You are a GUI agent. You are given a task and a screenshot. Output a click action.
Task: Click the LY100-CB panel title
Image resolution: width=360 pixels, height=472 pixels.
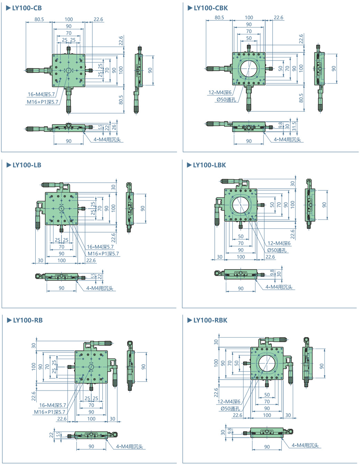(x=27, y=8)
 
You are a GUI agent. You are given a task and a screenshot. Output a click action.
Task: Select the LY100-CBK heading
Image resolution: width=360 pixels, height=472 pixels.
(x=211, y=8)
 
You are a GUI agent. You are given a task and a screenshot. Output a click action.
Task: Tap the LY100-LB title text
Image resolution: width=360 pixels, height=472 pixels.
(x=27, y=165)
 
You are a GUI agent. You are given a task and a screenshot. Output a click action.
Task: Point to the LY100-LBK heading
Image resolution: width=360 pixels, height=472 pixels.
(x=209, y=165)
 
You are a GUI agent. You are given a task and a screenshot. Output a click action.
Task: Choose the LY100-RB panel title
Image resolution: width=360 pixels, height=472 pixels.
(x=28, y=320)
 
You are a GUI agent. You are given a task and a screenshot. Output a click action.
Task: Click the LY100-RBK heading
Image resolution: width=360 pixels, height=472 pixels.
(x=210, y=320)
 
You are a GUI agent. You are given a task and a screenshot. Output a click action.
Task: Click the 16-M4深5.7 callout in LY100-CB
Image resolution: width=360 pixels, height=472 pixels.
(x=41, y=94)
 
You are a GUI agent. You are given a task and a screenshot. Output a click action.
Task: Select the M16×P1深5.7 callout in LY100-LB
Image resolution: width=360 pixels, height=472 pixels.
(x=103, y=254)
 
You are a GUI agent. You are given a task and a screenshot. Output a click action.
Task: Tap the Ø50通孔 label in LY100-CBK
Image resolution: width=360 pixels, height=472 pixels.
(x=226, y=100)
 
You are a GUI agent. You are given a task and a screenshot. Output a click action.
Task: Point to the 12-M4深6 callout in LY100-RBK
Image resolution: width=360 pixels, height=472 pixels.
(x=229, y=402)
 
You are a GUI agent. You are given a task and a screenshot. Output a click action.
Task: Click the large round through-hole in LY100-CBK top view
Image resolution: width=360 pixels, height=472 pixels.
(x=249, y=68)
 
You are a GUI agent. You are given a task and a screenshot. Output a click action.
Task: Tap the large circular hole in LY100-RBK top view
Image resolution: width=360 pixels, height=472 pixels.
(x=267, y=363)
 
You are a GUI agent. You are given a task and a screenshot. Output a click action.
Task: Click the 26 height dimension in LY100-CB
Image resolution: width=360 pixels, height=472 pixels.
(x=114, y=127)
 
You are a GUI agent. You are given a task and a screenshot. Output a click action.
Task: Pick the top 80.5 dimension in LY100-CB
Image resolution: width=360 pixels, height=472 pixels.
(x=39, y=19)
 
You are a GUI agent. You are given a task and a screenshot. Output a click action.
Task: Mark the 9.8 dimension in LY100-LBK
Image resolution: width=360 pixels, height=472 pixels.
(x=272, y=273)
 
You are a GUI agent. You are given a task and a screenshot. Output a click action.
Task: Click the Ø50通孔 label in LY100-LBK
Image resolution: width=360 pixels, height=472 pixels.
(x=277, y=250)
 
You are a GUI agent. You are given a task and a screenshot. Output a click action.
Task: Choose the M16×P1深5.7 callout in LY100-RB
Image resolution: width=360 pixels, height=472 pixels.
(x=49, y=412)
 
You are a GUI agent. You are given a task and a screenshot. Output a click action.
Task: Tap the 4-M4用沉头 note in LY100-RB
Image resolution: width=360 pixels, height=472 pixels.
(x=129, y=446)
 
